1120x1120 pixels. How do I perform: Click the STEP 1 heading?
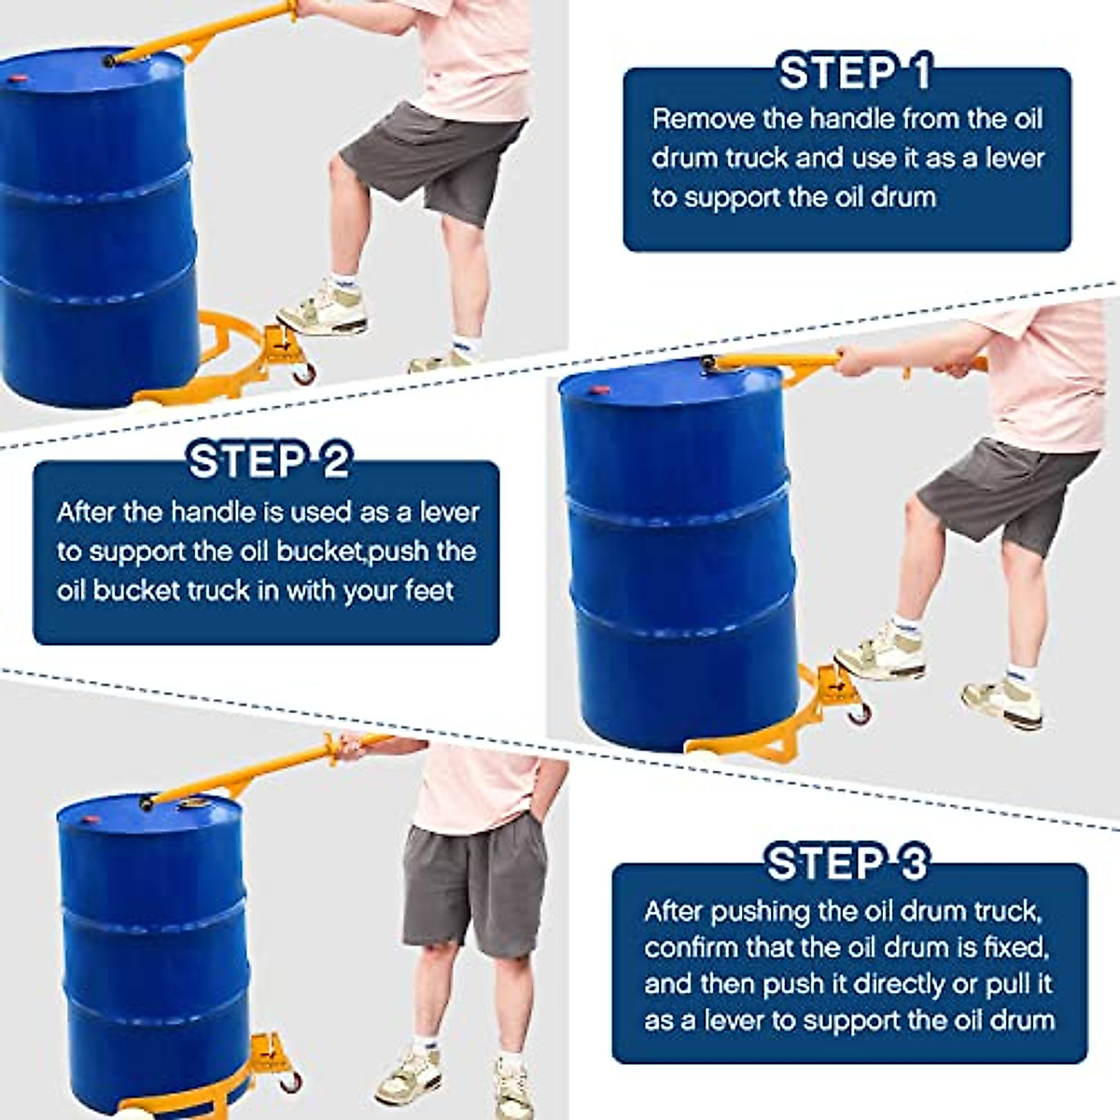(854, 73)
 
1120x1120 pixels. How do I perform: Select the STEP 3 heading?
(847, 862)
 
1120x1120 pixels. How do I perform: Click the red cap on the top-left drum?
(20, 77)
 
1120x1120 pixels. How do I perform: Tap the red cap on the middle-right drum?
(602, 389)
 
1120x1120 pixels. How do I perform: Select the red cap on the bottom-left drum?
(89, 819)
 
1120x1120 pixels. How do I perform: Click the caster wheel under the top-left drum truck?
(304, 372)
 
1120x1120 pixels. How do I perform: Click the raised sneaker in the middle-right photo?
(880, 655)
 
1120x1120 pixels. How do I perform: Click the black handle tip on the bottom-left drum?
(146, 805)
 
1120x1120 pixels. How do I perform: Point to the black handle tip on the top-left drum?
(109, 61)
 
